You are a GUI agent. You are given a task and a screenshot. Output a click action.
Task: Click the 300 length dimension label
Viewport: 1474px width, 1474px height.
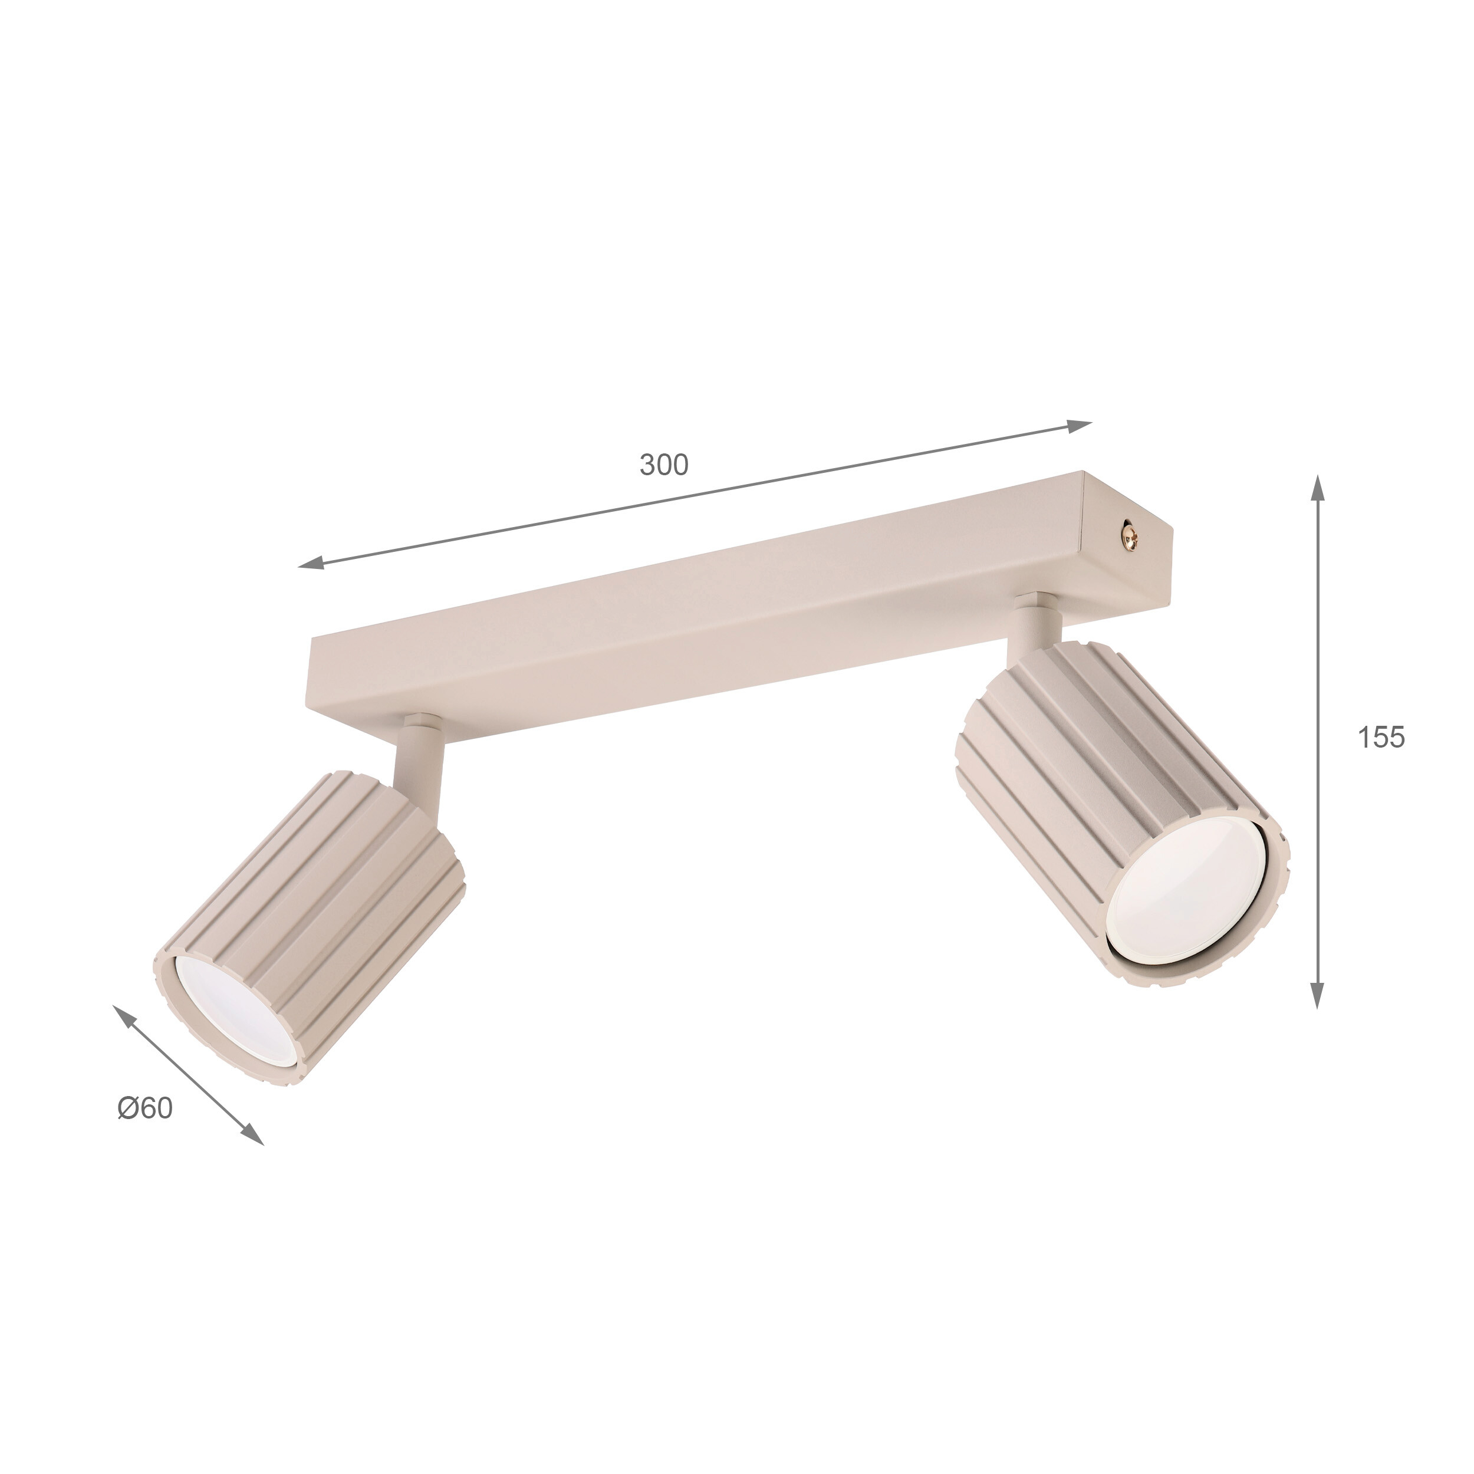click(x=664, y=465)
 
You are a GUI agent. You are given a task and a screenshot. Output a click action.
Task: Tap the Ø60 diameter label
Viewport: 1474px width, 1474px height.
click(x=146, y=1108)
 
